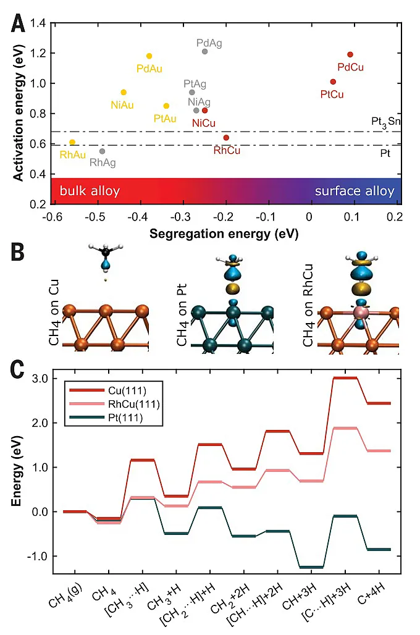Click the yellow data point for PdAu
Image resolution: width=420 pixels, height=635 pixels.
point(149,56)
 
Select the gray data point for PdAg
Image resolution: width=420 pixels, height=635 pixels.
point(204,51)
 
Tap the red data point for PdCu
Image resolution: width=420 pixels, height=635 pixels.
point(350,54)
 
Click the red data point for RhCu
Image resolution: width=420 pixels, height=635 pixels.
point(226,138)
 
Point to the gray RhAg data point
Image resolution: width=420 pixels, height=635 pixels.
point(103,151)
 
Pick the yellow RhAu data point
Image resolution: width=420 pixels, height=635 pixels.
point(72,142)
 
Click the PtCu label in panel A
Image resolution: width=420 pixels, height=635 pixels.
point(332,95)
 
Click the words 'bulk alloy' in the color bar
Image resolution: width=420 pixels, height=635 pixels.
point(90,191)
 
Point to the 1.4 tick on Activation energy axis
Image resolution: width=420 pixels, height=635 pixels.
point(39,23)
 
